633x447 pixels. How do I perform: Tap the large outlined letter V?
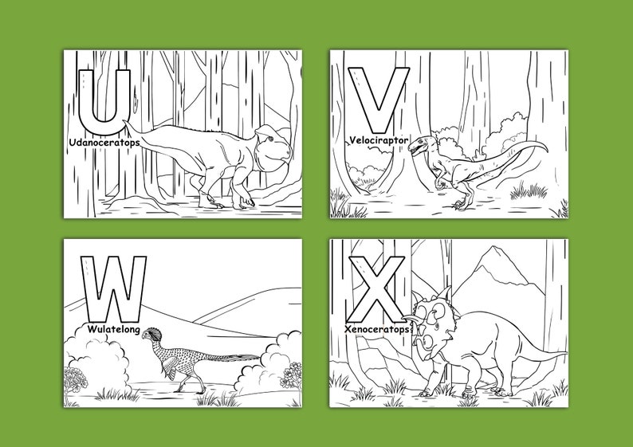coord(378,99)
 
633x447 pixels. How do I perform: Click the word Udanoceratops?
coord(104,142)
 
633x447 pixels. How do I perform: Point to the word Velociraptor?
coord(379,140)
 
